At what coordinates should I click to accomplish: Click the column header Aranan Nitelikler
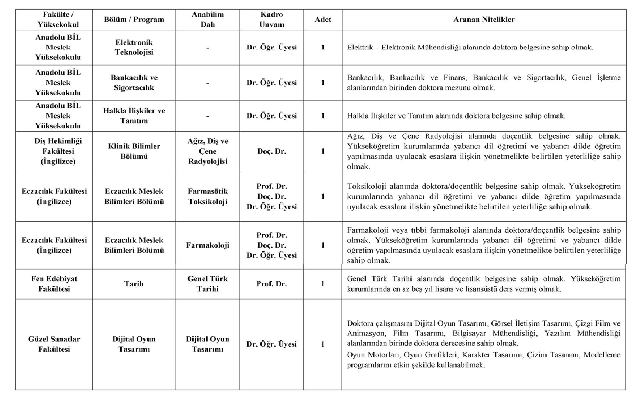click(484, 19)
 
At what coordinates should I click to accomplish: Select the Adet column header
click(323, 19)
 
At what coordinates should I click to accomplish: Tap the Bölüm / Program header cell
click(134, 19)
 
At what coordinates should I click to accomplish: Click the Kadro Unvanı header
click(272, 19)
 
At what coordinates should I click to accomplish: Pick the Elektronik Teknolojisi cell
click(134, 47)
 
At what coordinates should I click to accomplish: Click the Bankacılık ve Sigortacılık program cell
click(134, 83)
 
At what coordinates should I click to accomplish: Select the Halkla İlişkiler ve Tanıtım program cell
click(134, 116)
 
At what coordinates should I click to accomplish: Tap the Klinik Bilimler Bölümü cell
click(134, 151)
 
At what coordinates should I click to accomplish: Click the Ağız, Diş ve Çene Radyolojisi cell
click(208, 151)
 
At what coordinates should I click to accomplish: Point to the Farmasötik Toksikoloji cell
click(208, 196)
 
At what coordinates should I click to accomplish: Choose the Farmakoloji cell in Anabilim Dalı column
click(208, 245)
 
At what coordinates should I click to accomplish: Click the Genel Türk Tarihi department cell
click(208, 284)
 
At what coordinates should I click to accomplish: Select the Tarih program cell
click(134, 284)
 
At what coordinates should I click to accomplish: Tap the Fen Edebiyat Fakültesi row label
click(54, 284)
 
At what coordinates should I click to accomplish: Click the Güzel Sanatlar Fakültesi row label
click(54, 344)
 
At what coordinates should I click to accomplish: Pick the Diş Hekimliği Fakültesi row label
click(58, 151)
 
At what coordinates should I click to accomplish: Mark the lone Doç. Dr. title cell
click(272, 151)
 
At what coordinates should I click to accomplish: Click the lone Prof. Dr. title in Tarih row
click(272, 284)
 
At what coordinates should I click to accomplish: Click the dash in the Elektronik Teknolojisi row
click(208, 48)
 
